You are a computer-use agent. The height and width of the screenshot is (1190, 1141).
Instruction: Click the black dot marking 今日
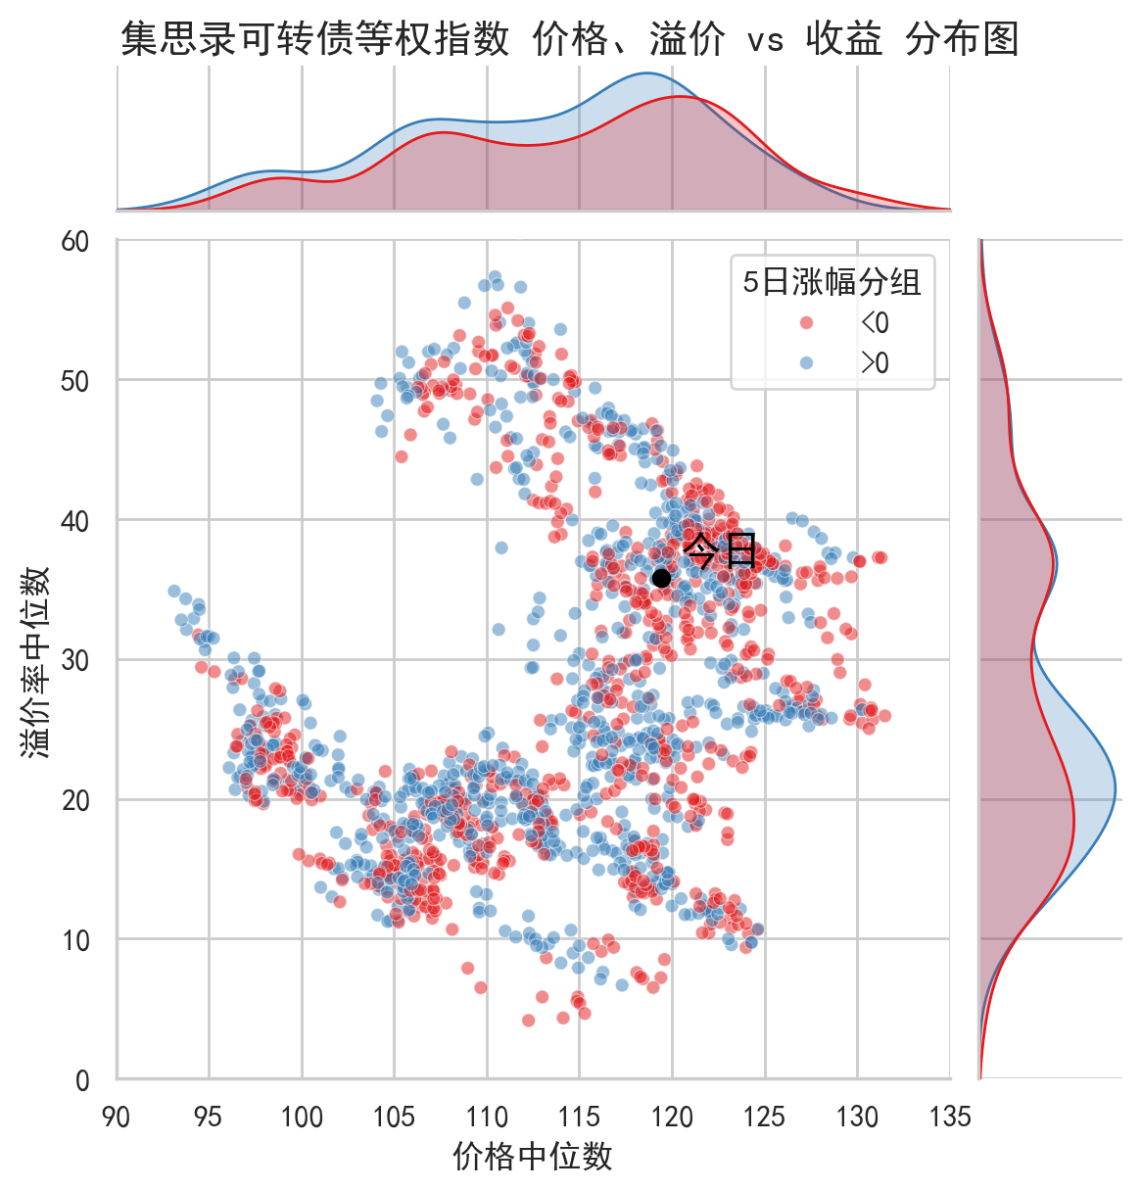click(x=661, y=578)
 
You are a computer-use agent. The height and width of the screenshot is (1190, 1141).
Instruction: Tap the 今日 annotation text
click(x=720, y=550)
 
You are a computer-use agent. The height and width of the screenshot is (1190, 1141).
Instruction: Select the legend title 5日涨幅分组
click(x=832, y=282)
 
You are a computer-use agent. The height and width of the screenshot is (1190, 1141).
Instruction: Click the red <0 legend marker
click(x=806, y=323)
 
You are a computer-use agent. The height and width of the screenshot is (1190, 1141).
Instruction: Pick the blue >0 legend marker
click(x=806, y=363)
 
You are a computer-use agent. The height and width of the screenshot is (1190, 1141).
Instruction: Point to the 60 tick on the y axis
click(x=75, y=242)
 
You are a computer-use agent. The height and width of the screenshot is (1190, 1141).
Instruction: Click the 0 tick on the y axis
click(x=82, y=1080)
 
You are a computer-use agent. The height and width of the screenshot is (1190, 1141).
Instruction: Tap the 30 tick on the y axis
click(x=75, y=661)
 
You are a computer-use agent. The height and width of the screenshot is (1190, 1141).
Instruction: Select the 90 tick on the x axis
click(x=117, y=1117)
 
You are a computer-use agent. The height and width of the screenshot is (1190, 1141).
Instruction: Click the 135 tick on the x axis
click(x=950, y=1117)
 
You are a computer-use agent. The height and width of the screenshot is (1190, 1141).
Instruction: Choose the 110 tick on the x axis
click(x=487, y=1117)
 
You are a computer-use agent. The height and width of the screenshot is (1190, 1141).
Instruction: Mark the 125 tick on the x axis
click(x=765, y=1117)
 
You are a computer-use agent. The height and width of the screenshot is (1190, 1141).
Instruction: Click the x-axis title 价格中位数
click(x=533, y=1156)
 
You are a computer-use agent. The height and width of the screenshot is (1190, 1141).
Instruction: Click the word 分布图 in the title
click(x=963, y=40)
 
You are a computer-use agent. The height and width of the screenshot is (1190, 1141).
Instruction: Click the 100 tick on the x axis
click(x=302, y=1117)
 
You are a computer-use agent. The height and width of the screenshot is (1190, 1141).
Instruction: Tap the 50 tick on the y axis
click(x=75, y=382)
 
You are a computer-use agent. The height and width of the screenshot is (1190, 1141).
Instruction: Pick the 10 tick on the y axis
click(x=75, y=941)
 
